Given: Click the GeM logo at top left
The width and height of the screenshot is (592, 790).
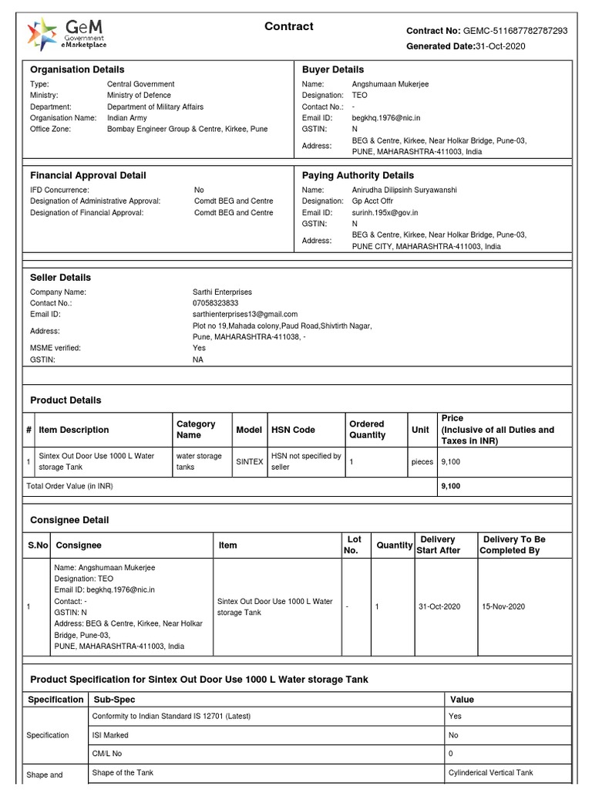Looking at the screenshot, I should (66, 35).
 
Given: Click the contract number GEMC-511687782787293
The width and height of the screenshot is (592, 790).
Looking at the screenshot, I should (515, 31).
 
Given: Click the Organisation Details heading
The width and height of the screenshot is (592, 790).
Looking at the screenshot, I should (77, 69).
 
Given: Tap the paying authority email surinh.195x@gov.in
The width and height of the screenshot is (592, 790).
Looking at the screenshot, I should (385, 212).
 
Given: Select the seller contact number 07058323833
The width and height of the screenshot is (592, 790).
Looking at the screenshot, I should (215, 303).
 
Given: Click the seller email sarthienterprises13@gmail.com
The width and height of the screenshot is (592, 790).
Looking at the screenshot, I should (244, 314).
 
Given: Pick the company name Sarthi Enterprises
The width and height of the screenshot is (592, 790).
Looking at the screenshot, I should (222, 292).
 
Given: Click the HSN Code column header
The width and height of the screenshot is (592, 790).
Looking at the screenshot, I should (293, 430).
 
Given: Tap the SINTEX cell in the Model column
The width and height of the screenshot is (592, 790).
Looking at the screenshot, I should (249, 461).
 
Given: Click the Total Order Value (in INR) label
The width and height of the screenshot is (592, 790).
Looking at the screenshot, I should (69, 486).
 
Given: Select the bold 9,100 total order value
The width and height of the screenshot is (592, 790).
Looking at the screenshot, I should (450, 486).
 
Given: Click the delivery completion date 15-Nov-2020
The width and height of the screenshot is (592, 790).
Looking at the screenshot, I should (503, 606).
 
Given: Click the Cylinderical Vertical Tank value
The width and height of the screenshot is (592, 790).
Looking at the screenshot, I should (490, 772).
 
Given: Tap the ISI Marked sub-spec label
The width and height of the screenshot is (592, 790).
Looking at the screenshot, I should (110, 735).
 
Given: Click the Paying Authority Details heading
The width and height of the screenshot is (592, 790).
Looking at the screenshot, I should (358, 175).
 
